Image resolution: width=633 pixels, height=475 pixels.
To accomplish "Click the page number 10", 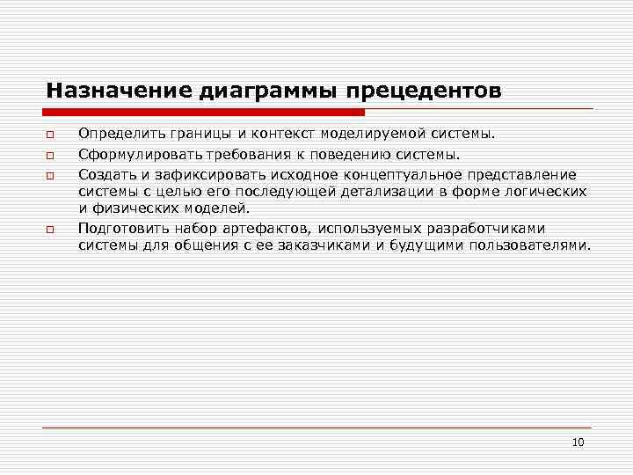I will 578,442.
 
